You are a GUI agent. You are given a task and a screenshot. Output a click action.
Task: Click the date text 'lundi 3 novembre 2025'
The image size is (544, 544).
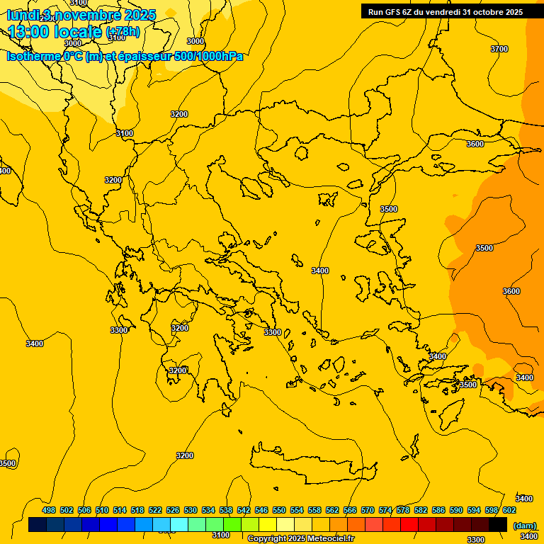coord(81,15)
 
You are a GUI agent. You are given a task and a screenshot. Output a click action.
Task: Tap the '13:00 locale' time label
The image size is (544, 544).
coord(55,32)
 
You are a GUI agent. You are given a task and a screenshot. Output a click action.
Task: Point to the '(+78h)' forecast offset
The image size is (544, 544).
coord(123,33)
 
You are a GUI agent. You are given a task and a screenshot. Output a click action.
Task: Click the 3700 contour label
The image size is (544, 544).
coord(499,49)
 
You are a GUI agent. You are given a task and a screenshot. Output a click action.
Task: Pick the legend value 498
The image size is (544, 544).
coord(49,510)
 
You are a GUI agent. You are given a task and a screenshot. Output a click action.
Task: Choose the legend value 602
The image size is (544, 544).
coord(509,510)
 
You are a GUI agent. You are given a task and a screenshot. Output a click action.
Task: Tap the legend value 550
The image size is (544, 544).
coord(279,510)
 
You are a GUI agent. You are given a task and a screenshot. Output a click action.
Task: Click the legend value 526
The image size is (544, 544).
coord(173,510)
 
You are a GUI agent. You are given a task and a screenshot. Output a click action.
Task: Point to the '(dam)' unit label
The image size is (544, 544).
coord(524,525)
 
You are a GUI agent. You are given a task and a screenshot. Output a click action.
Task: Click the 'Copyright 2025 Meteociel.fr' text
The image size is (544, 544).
coord(300,539)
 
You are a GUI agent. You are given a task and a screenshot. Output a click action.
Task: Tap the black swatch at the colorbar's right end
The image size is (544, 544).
coord(498,524)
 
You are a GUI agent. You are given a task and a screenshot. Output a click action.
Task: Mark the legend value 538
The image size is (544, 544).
coord(226,510)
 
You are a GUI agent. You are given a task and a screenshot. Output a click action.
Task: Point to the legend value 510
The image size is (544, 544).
coord(102,510)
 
